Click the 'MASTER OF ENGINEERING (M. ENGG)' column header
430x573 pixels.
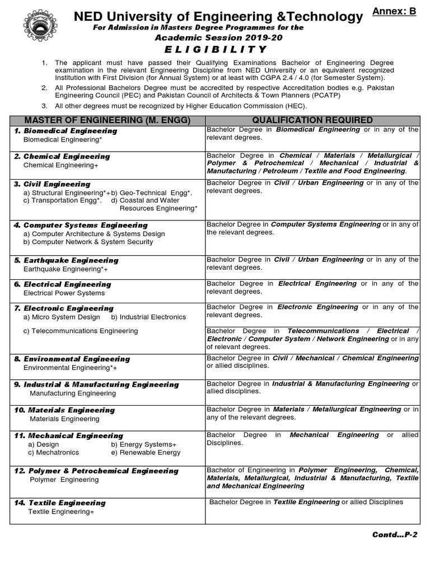pyautogui.click(x=107, y=120)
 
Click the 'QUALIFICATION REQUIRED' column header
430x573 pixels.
pyautogui.click(x=312, y=120)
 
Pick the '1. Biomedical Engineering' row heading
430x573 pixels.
pyautogui.click(x=66, y=131)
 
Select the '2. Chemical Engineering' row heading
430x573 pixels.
pyautogui.click(x=62, y=157)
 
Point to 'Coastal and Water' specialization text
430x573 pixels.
pyautogui.click(x=146, y=200)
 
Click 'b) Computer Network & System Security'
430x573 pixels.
pyautogui.click(x=88, y=242)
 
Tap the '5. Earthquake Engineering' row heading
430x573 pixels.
pyautogui.click(x=66, y=260)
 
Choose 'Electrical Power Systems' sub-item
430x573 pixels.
pyautogui.click(x=64, y=293)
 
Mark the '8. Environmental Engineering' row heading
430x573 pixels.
pyautogui.click(x=72, y=359)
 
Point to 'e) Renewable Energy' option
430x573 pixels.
pyautogui.click(x=146, y=453)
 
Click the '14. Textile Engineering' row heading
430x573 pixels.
pyautogui.click(x=59, y=503)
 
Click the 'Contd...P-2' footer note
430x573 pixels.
pyautogui.click(x=395, y=535)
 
